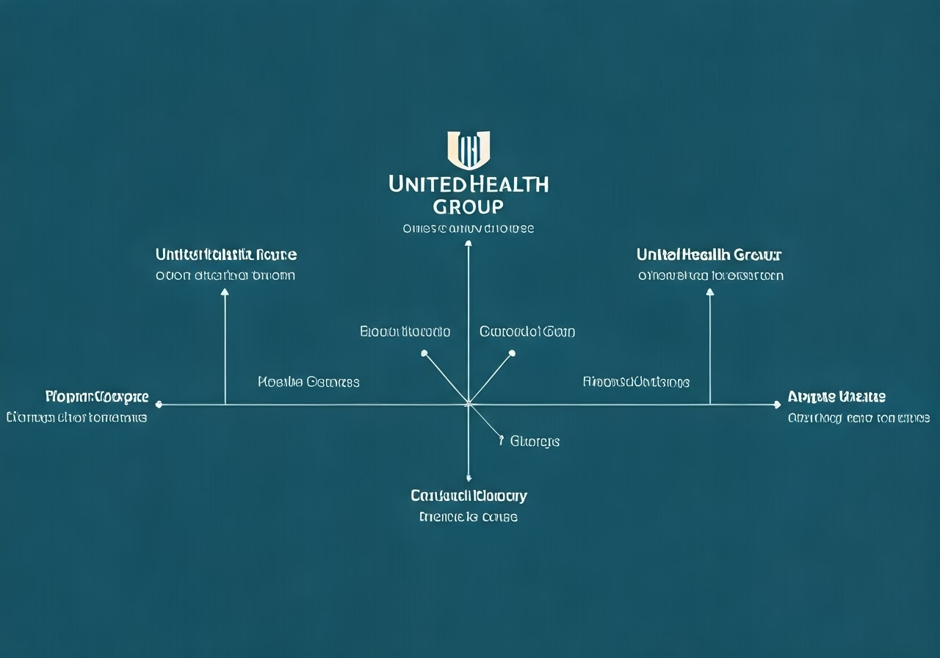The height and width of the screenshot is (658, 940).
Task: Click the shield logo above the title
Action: point(469,149)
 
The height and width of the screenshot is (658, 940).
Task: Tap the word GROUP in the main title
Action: point(469,206)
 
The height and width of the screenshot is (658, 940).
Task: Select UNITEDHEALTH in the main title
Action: point(469,184)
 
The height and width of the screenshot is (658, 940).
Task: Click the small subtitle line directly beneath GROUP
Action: point(469,228)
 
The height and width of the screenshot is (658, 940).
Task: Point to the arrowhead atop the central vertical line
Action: point(469,243)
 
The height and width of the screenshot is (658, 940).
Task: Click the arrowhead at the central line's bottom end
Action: point(469,478)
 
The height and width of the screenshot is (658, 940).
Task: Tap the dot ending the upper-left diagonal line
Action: point(424,353)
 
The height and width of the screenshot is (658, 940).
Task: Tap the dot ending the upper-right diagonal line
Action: point(512,353)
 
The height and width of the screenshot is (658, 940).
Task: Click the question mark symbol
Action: point(501,441)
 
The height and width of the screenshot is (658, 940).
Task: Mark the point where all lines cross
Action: point(469,404)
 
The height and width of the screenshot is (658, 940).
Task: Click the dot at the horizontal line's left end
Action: point(159,404)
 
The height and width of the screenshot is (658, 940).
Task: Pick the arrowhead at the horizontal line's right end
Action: point(777,404)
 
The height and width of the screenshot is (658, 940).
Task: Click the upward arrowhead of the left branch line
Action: point(225,292)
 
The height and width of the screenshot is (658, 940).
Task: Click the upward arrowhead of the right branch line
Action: point(709,292)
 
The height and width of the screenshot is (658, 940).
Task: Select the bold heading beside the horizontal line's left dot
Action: point(97,397)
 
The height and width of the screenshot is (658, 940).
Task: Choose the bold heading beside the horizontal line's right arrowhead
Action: point(836,397)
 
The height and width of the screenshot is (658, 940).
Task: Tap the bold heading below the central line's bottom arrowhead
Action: point(469,496)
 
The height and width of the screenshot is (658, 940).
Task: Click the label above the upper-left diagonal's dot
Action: point(405,332)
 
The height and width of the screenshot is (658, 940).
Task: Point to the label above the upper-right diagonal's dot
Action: point(527,332)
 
